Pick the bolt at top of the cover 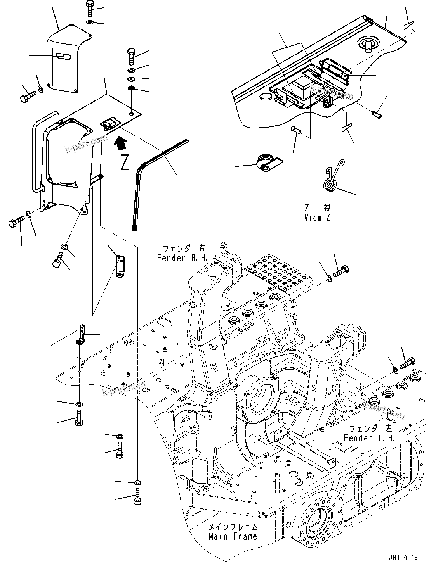tap(89, 9)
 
